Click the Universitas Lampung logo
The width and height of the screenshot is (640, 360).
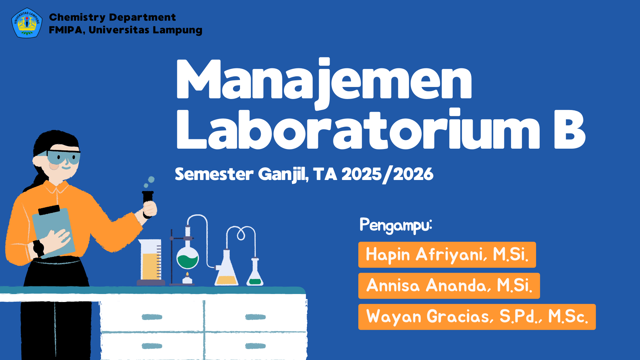click(27, 23)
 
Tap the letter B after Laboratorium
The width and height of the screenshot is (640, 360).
click(569, 129)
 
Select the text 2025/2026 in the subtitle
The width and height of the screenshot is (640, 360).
click(387, 174)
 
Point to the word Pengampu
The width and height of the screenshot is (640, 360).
click(396, 225)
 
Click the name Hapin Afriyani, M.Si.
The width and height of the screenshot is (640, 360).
click(447, 255)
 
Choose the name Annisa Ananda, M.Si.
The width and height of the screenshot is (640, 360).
click(449, 286)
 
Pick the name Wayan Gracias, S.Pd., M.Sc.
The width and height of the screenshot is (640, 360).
click(477, 317)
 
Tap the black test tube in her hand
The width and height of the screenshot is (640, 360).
click(148, 198)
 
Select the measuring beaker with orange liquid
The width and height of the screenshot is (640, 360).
click(151, 262)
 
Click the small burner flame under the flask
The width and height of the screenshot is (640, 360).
click(187, 275)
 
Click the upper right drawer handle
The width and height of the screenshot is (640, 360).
click(255, 317)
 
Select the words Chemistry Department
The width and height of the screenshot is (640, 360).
click(112, 17)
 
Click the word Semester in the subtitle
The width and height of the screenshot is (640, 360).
click(214, 174)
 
